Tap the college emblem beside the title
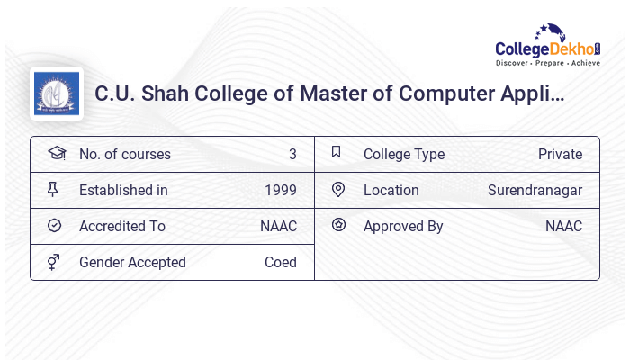pyautogui.click(x=57, y=94)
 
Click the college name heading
pyautogui.click(x=329, y=93)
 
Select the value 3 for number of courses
pyautogui.click(x=292, y=154)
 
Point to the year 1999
pyautogui.click(x=281, y=190)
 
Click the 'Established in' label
pyautogui.click(x=123, y=190)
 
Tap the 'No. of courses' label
pyautogui.click(x=125, y=154)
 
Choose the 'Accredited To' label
pyautogui.click(x=122, y=226)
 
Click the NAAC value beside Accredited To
pyautogui.click(x=278, y=226)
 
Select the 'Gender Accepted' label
pyautogui.click(x=132, y=262)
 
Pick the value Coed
pyautogui.click(x=281, y=262)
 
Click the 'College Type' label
pyautogui.click(x=404, y=154)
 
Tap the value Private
pyautogui.click(x=560, y=154)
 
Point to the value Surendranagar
pyautogui.click(x=535, y=190)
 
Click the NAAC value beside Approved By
pyautogui.click(x=563, y=226)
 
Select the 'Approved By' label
pyautogui.click(x=403, y=226)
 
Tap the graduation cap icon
pyautogui.click(x=57, y=153)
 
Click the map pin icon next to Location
pyautogui.click(x=338, y=189)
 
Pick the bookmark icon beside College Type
pyautogui.click(x=336, y=152)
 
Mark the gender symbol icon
pyautogui.click(x=53, y=262)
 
